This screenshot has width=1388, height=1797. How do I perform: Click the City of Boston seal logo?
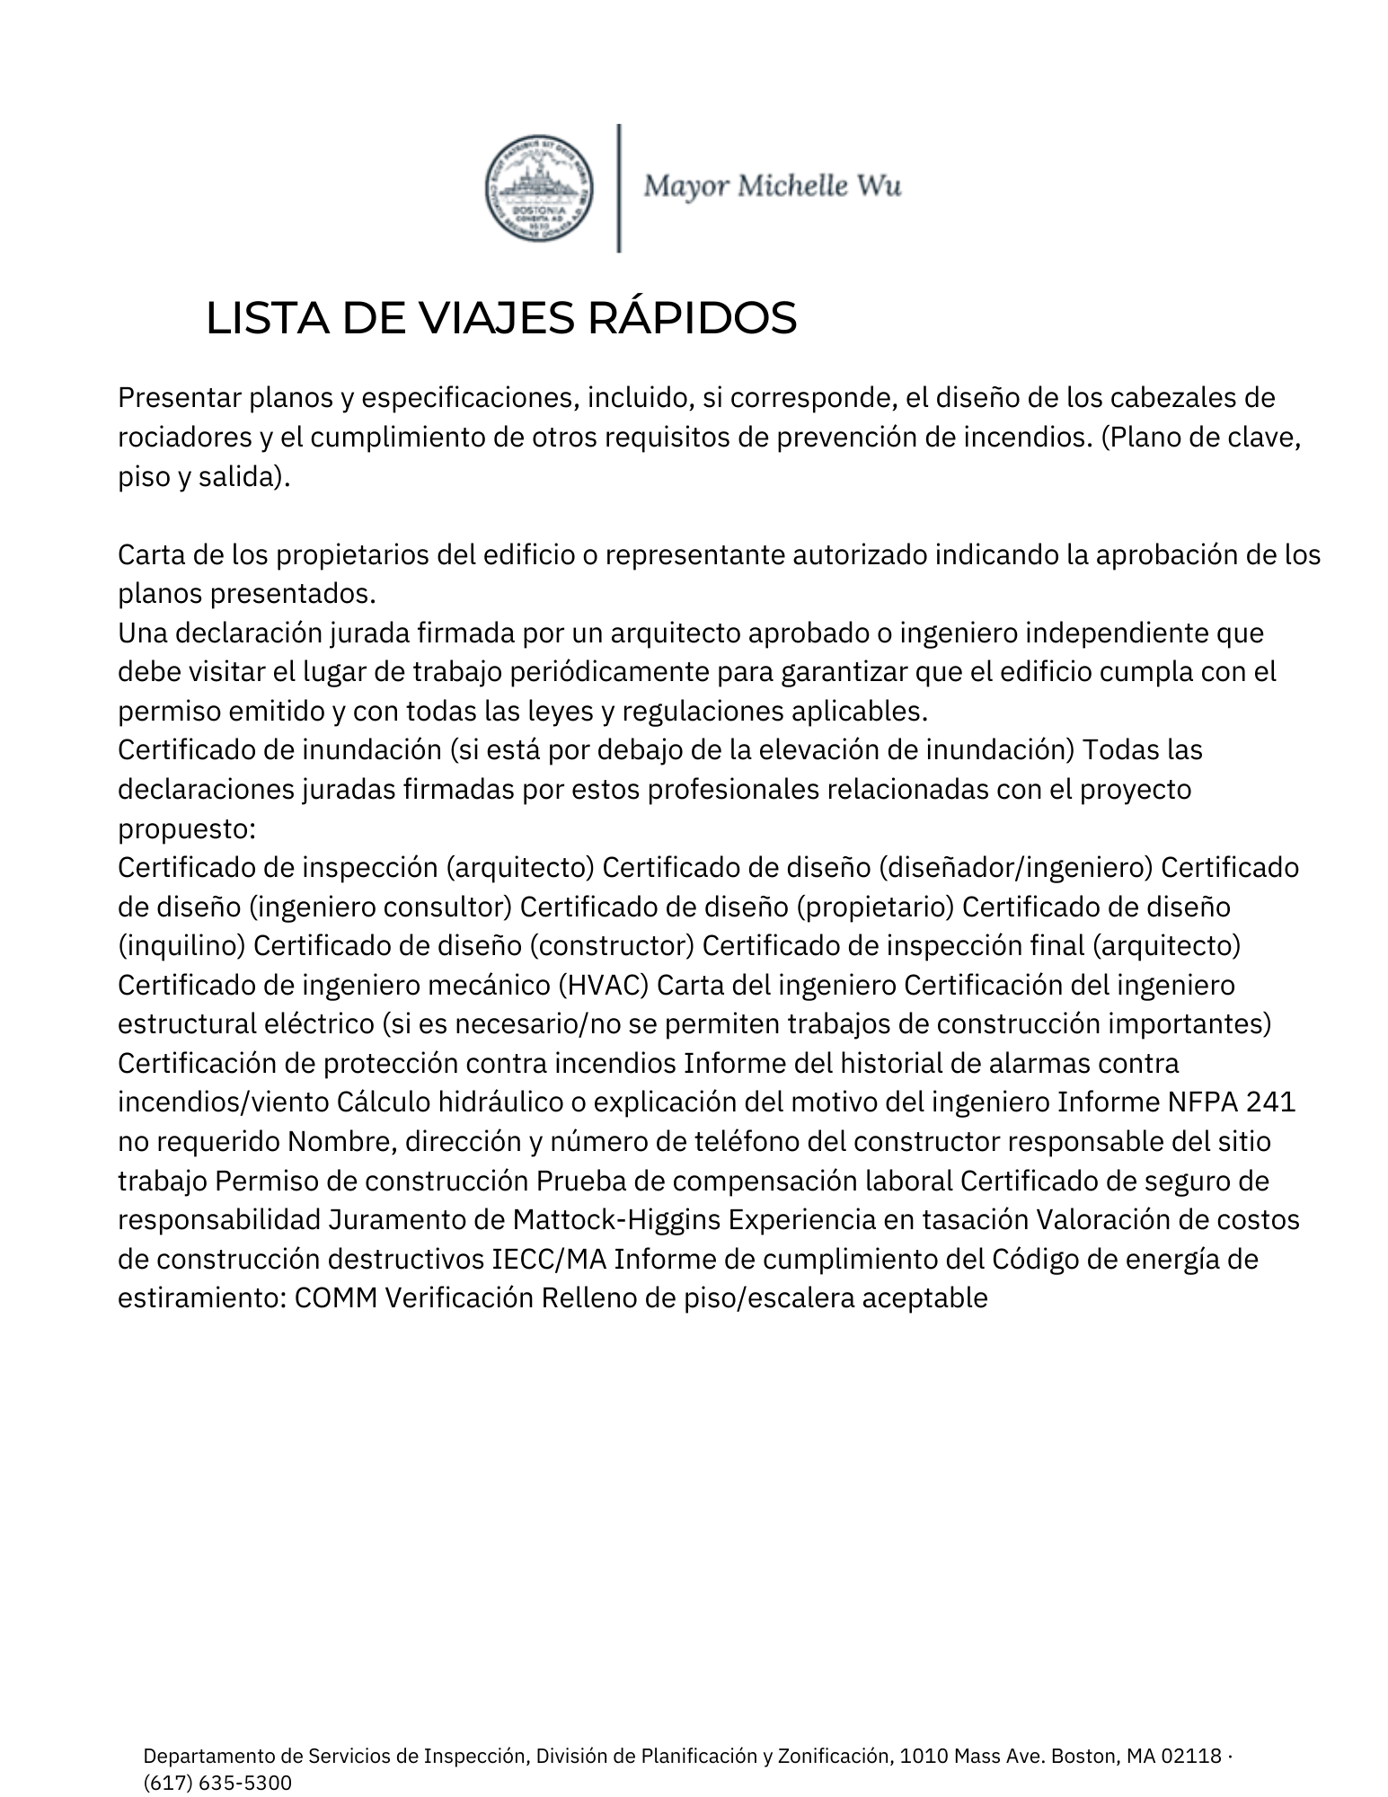tap(539, 189)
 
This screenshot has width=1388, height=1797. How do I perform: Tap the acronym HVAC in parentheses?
tap(605, 985)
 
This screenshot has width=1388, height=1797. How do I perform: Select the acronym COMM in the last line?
tap(334, 1298)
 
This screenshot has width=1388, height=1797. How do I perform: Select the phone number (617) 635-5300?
tap(217, 1783)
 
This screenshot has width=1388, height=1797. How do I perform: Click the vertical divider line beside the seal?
tap(619, 188)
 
